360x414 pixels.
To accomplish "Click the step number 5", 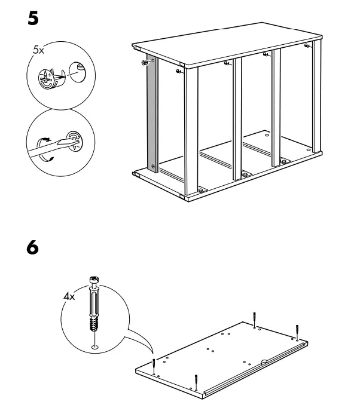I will (33, 19).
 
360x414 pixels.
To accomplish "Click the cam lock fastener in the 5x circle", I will (51, 79).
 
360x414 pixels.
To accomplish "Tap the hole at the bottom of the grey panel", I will (153, 165).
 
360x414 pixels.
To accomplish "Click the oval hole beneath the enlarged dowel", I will (94, 346).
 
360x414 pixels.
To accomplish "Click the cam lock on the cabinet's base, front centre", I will (244, 174).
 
